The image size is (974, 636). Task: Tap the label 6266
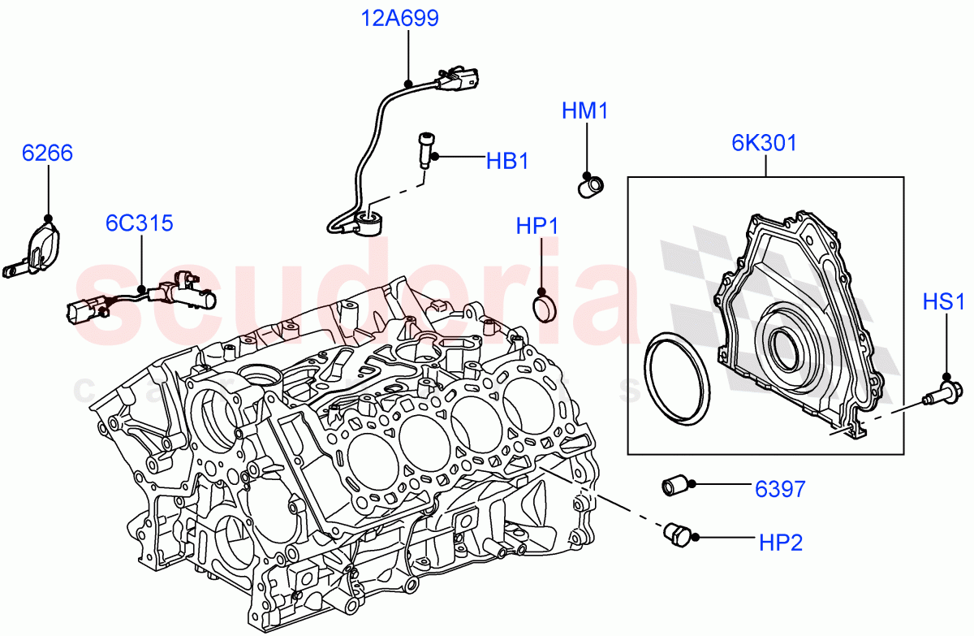[47, 153]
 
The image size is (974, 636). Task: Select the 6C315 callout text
[139, 223]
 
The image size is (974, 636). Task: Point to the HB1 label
[507, 161]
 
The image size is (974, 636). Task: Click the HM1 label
[584, 111]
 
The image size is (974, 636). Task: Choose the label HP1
[537, 226]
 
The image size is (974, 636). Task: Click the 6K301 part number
[764, 143]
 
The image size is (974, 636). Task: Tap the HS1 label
[943, 303]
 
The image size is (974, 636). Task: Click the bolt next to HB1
[426, 150]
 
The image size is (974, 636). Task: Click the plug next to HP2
[675, 534]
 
